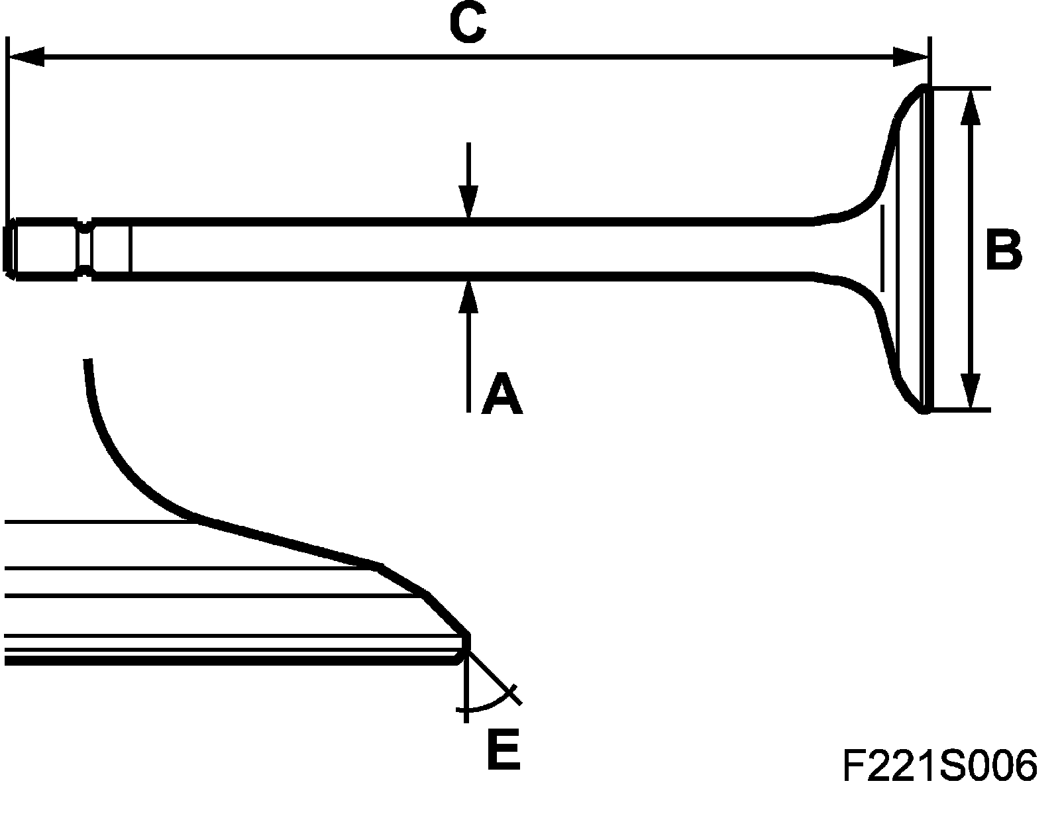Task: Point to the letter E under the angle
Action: [x=504, y=750]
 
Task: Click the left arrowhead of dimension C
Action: [x=26, y=56]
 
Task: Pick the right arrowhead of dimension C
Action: [x=910, y=56]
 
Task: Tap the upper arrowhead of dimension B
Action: [x=971, y=108]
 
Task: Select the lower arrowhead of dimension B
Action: [x=971, y=390]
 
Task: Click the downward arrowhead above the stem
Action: [x=468, y=201]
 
